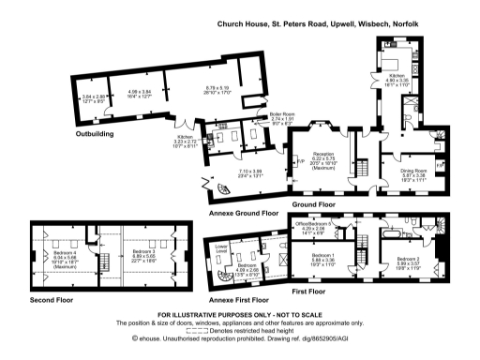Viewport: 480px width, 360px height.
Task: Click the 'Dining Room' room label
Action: coord(402,169)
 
